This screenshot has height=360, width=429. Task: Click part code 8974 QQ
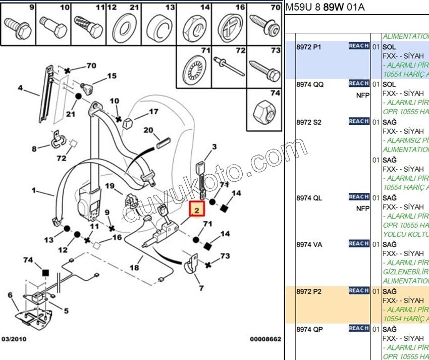click(309, 85)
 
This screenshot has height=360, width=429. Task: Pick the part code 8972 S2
click(309, 123)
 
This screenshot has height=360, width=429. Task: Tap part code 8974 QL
click(309, 198)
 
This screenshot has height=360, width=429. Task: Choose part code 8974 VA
click(309, 245)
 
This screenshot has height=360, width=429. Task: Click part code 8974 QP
click(309, 330)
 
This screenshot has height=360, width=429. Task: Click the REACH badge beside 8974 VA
click(358, 244)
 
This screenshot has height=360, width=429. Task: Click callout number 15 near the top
click(111, 76)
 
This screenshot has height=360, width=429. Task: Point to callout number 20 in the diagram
click(148, 130)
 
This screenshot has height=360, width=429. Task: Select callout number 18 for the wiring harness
click(134, 268)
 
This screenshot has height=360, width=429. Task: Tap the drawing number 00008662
click(265, 340)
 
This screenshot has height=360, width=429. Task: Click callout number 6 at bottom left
click(10, 295)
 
